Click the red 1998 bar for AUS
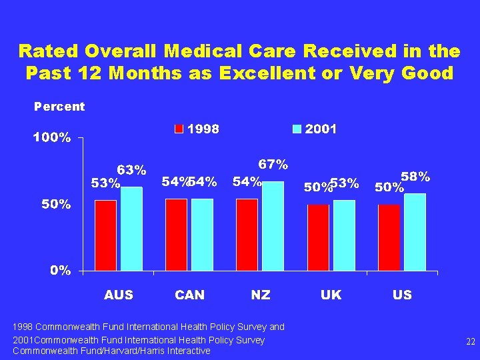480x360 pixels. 105,235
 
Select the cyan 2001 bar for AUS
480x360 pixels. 131,229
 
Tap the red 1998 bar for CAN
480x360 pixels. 176,234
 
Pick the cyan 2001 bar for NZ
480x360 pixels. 273,226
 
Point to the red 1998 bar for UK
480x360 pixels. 318,237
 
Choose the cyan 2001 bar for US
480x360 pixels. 415,232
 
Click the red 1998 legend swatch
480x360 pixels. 179,129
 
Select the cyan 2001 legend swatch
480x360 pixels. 297,129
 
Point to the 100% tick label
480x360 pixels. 52,138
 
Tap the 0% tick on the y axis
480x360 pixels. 61,271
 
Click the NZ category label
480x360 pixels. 261,295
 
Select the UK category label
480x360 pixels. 331,295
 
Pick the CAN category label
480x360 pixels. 190,295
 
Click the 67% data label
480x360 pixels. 273,164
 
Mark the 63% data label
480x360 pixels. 132,169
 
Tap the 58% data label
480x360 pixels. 415,177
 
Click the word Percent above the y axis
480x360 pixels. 59,107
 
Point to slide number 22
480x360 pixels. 471,341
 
